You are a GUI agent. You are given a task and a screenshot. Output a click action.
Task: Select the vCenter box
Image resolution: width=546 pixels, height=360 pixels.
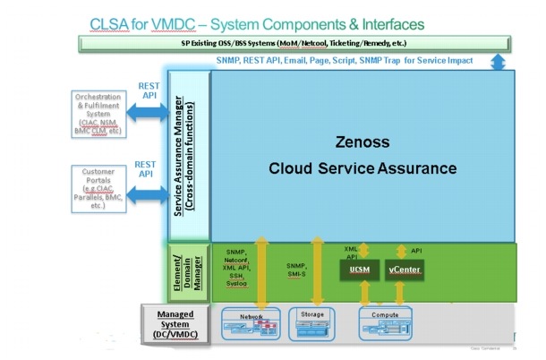pos(405,269)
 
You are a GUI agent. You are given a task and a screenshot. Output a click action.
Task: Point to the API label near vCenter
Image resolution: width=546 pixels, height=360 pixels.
pos(416,252)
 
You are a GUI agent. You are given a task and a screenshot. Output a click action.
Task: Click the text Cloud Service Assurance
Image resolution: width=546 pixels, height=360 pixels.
pos(363,168)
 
